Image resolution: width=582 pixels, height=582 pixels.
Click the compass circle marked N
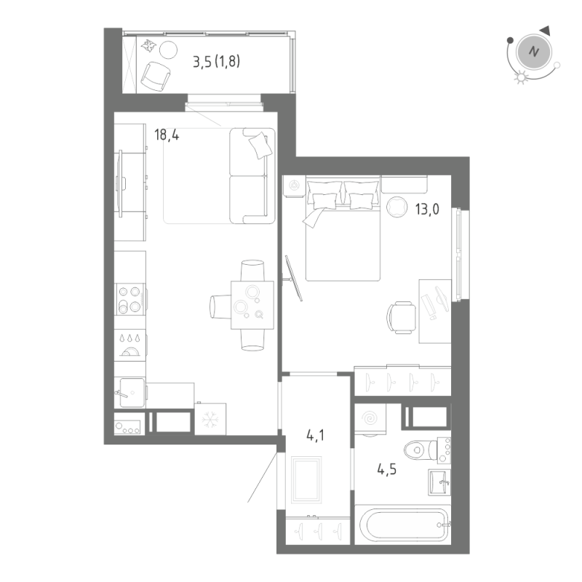tap(534, 52)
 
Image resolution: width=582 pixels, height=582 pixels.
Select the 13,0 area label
tap(430, 207)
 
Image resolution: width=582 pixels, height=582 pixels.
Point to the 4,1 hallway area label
tap(315, 436)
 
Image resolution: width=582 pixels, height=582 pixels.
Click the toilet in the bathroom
tap(423, 450)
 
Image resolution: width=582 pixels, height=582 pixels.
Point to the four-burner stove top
tap(129, 299)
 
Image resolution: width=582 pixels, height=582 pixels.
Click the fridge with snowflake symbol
tap(210, 419)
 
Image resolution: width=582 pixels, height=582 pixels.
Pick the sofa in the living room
tap(251, 175)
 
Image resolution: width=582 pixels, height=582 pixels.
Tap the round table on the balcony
tap(168, 49)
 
